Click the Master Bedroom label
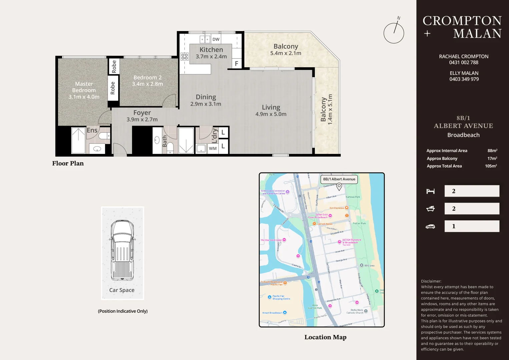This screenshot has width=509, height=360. [x=84, y=87]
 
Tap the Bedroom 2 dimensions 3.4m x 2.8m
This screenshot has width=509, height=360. [x=147, y=84]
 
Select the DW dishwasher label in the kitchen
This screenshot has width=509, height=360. [x=216, y=39]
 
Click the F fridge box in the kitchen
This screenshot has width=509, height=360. [x=236, y=63]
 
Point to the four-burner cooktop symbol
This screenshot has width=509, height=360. [x=184, y=56]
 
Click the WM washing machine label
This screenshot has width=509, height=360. [x=213, y=148]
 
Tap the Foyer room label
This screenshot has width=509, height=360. [x=142, y=113]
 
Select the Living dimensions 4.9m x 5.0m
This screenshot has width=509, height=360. [x=271, y=114]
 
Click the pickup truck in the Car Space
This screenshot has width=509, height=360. [x=122, y=250]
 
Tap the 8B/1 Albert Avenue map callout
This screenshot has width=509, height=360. [x=339, y=179]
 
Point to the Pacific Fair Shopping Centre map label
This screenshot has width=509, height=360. [x=281, y=297]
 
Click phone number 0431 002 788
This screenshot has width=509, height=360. [x=463, y=63]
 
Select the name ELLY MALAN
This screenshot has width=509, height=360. [x=464, y=73]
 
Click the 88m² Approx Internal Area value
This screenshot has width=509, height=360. [x=492, y=151]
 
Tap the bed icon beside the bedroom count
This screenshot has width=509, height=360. [x=430, y=191]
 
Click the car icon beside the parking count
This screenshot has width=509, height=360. [x=430, y=226]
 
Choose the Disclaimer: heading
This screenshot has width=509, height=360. [x=431, y=281]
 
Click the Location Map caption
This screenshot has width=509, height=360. [x=325, y=337]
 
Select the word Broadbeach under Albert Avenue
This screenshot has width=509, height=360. [x=463, y=135]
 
